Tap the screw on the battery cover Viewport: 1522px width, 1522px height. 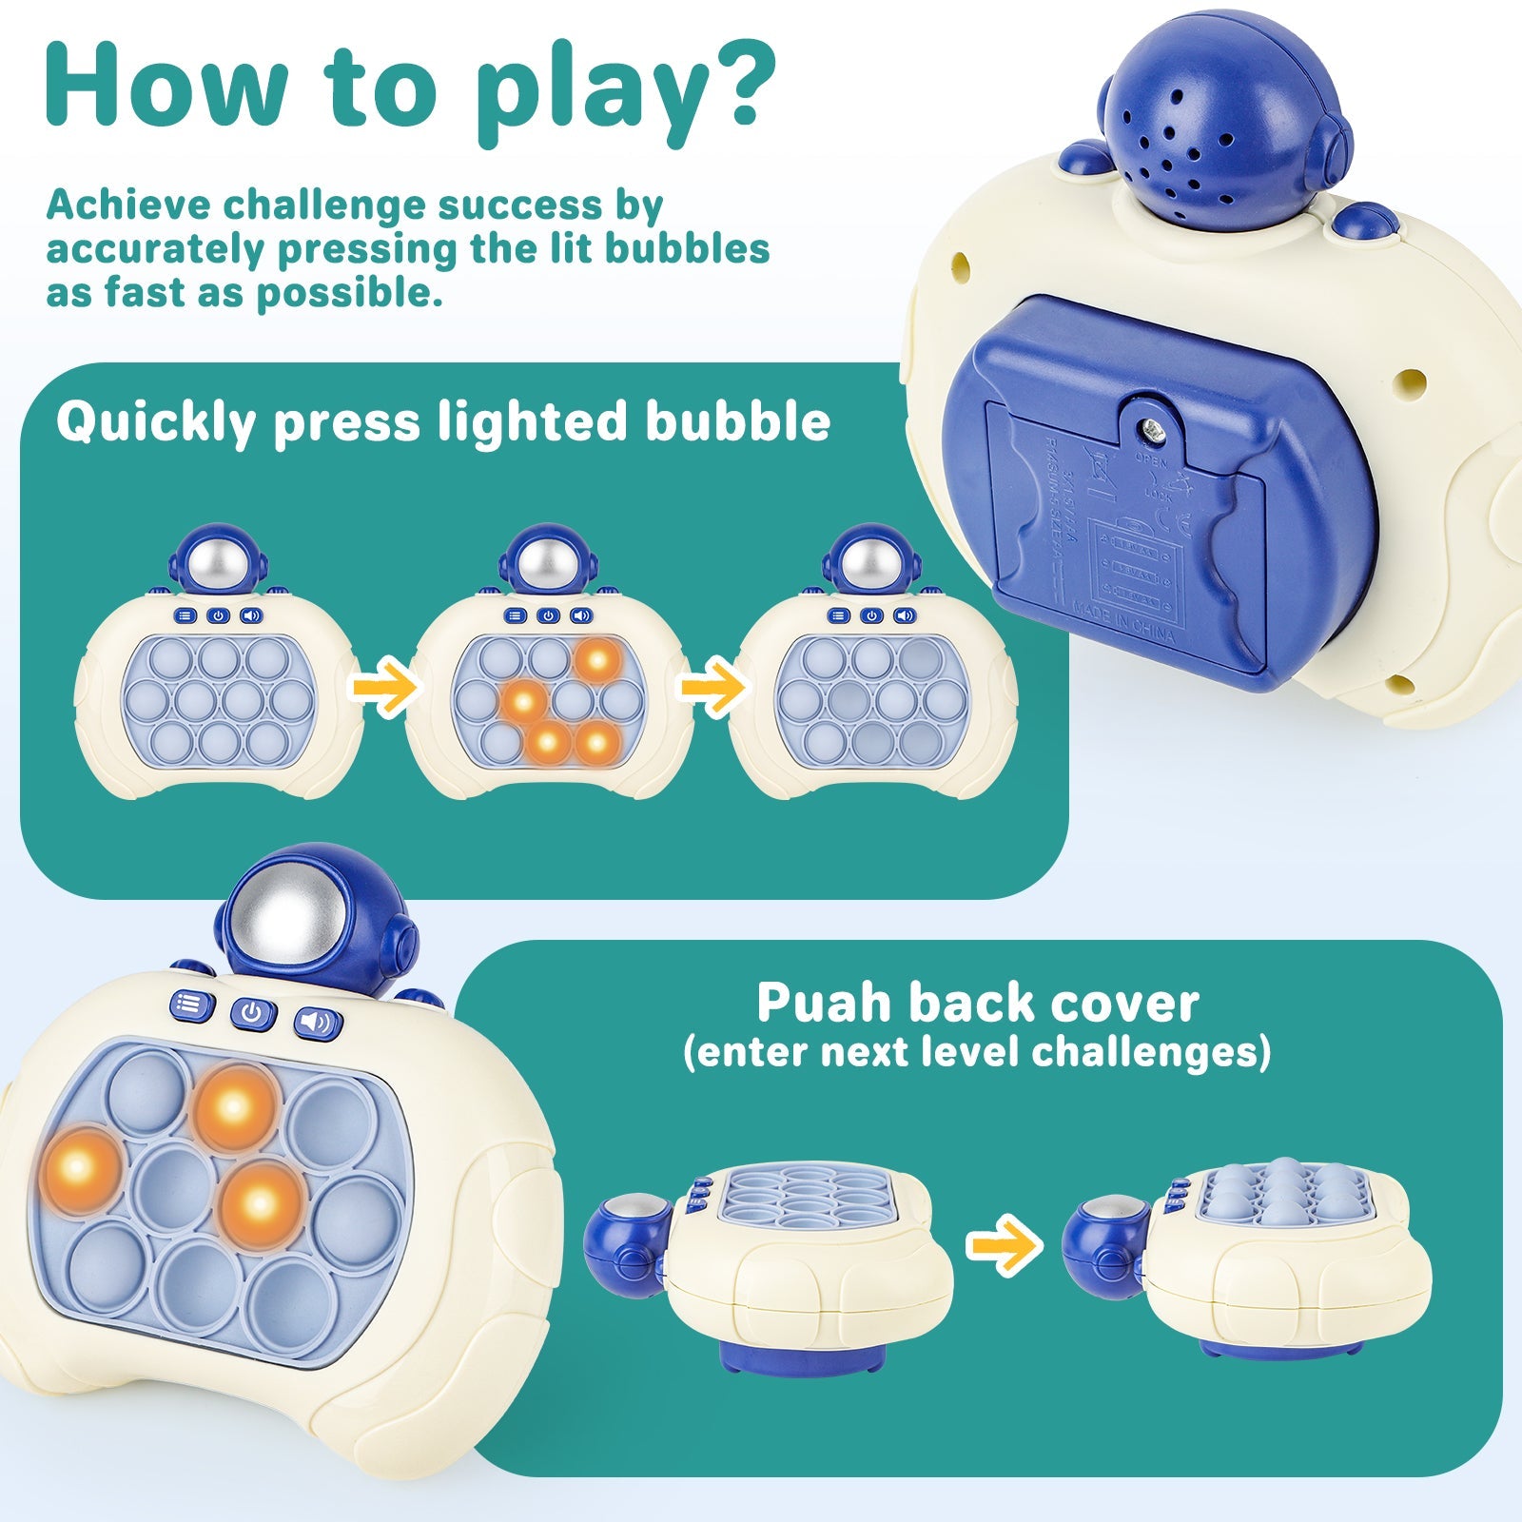(1154, 430)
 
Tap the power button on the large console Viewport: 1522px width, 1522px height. (252, 1012)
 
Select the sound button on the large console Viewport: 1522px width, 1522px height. (318, 1024)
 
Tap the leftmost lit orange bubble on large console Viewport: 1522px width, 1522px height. (80, 1169)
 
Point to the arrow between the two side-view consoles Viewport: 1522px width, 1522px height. (1004, 1245)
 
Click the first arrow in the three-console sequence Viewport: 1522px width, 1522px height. (384, 689)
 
